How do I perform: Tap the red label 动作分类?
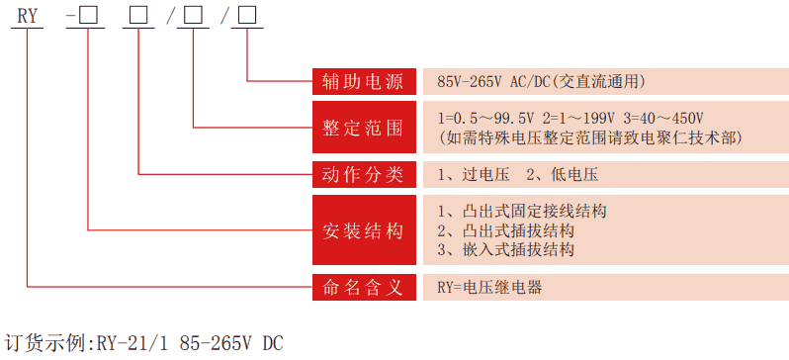363,174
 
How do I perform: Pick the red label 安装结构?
363,231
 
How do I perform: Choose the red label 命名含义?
363,288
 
